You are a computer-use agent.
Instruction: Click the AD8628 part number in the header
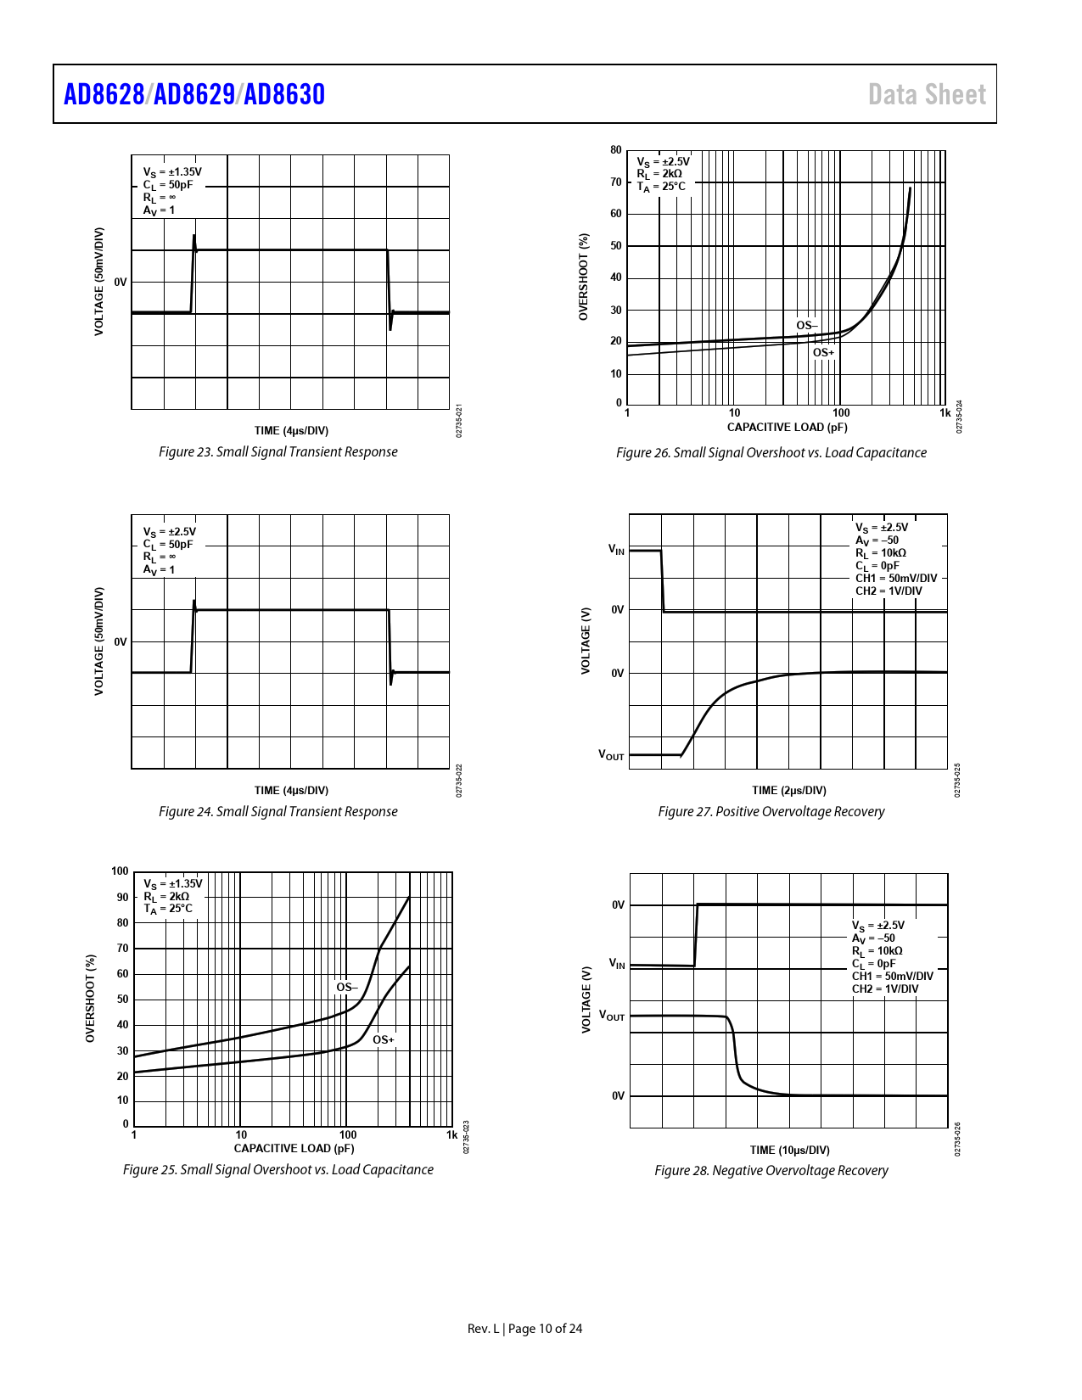(104, 94)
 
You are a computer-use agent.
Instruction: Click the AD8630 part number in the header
(284, 94)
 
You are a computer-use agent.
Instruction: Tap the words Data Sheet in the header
(927, 94)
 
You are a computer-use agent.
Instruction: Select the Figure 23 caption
(278, 452)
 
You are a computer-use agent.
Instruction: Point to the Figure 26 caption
(771, 453)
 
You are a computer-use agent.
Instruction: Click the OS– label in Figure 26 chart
(806, 326)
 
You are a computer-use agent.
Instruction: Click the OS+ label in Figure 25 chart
(384, 1040)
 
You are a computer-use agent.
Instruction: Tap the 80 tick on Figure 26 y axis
(616, 150)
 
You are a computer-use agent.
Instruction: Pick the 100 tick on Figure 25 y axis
(120, 871)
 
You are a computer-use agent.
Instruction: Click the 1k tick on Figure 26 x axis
(945, 413)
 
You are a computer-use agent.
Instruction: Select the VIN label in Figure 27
(616, 550)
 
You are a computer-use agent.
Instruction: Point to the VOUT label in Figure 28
(612, 1016)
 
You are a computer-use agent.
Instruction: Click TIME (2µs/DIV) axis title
(788, 791)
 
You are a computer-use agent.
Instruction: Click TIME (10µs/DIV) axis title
(789, 1151)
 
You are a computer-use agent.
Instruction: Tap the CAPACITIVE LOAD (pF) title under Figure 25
(294, 1149)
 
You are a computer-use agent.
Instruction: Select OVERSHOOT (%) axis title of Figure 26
(584, 277)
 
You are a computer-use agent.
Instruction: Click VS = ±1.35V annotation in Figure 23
(172, 172)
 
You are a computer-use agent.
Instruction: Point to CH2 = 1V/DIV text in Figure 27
(888, 591)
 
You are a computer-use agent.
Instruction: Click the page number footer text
(524, 1329)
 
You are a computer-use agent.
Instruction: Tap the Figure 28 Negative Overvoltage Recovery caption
(771, 1171)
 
